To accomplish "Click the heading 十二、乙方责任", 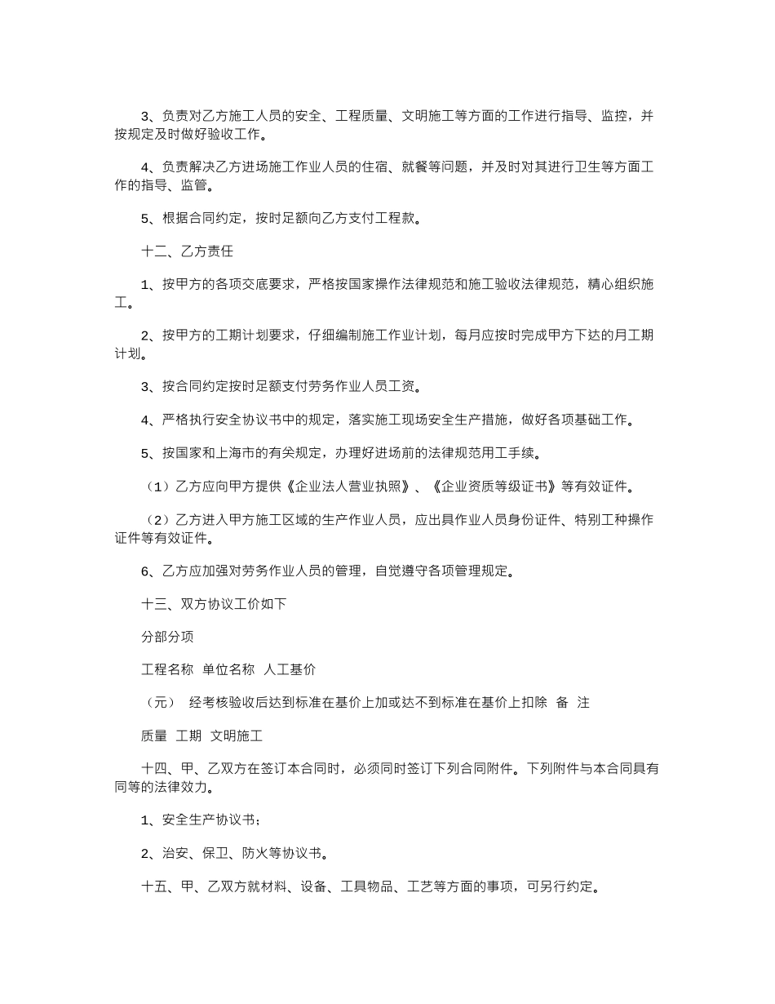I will pos(188,251).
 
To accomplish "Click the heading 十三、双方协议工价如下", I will pos(214,604).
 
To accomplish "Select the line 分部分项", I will pos(167,637).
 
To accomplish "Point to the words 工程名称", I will pos(167,669).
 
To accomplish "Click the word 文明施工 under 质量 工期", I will pos(237,735).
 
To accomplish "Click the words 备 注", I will pos(573,703).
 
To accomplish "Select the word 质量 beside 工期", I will pos(154,735).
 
